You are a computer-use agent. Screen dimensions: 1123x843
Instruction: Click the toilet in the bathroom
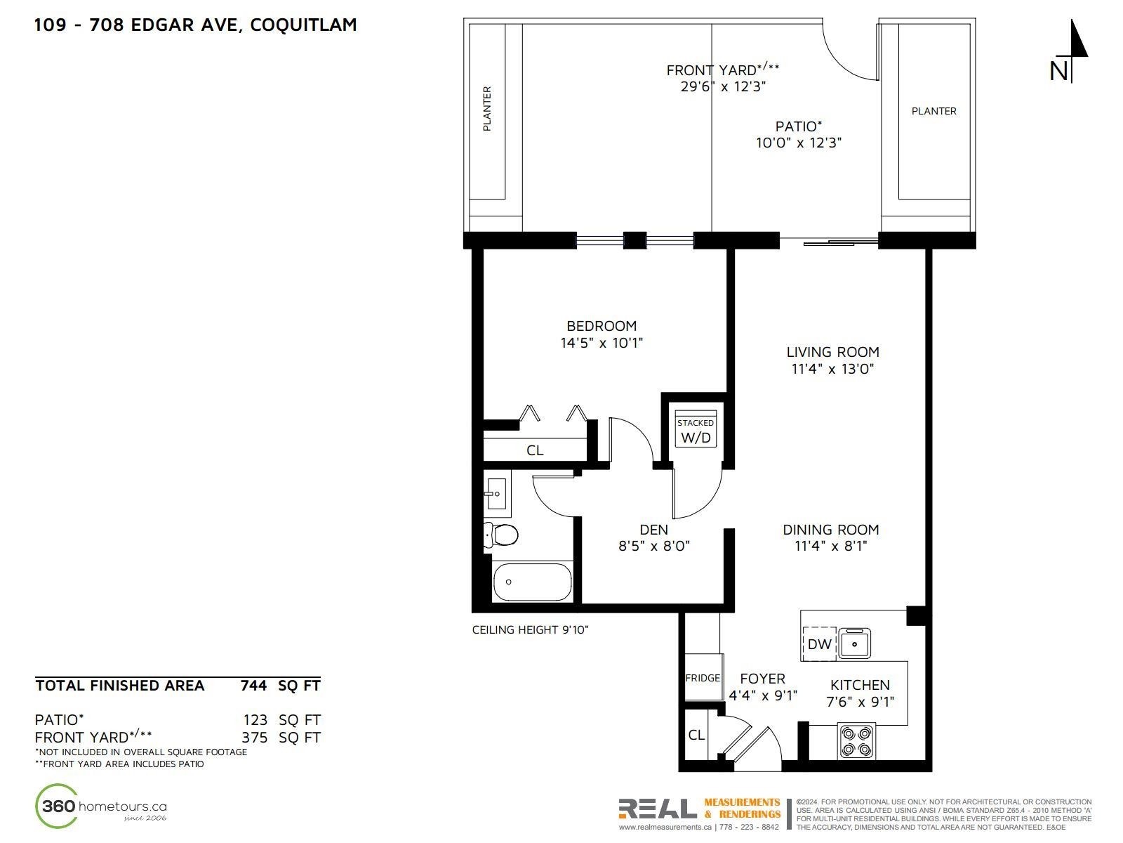[x=500, y=535]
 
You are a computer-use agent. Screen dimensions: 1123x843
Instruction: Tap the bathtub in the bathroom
[x=531, y=582]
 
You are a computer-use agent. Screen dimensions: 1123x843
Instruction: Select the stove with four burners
[x=856, y=741]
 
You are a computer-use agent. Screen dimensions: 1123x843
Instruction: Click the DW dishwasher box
[x=819, y=644]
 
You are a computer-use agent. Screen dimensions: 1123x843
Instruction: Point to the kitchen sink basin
[x=854, y=643]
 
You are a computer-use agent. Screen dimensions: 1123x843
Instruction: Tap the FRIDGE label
[x=703, y=678]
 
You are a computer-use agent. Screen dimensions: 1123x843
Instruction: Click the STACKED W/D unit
[x=696, y=429]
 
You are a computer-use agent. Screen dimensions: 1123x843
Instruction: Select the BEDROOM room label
[x=601, y=326]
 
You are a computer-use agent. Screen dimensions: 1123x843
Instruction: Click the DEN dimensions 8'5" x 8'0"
[x=654, y=546]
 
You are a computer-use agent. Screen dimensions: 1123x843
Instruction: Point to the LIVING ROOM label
[x=832, y=352]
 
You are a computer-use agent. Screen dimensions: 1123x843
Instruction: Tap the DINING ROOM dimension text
[x=830, y=546]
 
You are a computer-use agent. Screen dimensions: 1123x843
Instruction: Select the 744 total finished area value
[x=254, y=686]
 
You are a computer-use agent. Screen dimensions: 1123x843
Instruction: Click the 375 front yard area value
[x=254, y=738]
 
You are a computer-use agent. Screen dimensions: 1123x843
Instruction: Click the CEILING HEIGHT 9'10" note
[x=530, y=629]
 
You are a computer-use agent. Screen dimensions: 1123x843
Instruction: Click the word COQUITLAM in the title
[x=303, y=25]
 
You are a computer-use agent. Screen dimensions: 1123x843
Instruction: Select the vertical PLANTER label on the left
[x=487, y=108]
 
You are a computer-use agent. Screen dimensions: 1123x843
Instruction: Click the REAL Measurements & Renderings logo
[x=699, y=813]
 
